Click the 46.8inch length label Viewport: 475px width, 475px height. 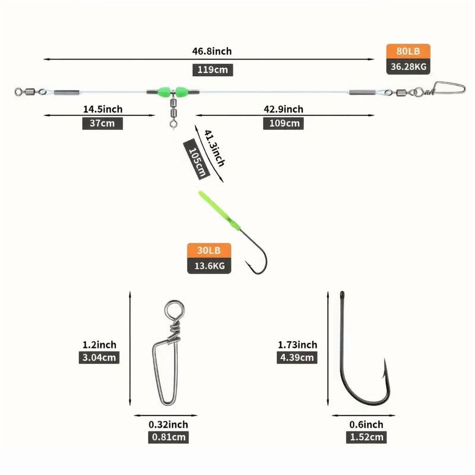212,51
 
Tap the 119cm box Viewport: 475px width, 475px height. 213,70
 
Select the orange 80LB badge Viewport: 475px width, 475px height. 408,51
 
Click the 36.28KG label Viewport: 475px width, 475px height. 408,67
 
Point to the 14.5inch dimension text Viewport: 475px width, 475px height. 103,109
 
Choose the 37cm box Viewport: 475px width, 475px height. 102,123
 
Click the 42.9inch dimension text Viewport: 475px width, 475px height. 284,109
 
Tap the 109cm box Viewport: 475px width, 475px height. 284,123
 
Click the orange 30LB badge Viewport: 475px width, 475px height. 209,250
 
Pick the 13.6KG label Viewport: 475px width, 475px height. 209,266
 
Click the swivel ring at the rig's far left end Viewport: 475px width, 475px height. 19,92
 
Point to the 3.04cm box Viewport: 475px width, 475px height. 99,357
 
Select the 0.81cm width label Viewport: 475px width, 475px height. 168,437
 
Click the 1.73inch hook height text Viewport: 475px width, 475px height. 297,345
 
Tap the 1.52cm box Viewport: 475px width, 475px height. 366,437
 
